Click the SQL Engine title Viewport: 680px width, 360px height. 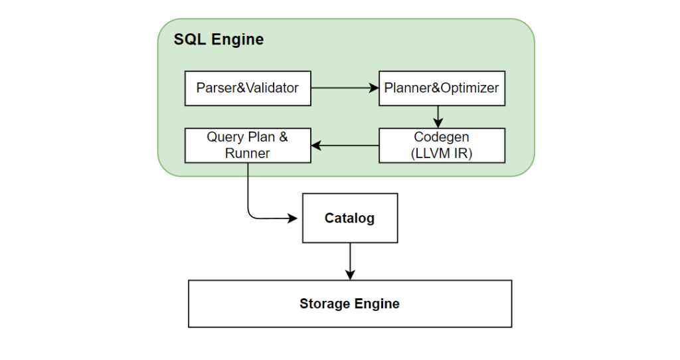click(218, 39)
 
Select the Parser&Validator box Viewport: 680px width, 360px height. click(248, 88)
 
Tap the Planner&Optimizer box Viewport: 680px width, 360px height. click(442, 88)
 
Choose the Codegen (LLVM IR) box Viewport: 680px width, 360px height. click(442, 145)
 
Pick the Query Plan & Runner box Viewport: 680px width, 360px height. click(248, 145)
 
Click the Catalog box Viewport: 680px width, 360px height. click(350, 218)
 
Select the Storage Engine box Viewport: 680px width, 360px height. click(350, 304)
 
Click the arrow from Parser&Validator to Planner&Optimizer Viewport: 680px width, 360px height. click(345, 88)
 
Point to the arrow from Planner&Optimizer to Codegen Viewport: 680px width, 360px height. click(438, 117)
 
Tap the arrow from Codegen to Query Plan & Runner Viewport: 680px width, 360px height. click(345, 145)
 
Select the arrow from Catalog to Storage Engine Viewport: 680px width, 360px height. click(350, 262)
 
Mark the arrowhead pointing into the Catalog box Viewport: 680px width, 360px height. click(293, 218)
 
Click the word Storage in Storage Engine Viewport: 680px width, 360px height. click(322, 304)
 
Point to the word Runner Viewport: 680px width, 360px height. click(247, 153)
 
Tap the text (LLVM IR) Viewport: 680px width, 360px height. click(442, 153)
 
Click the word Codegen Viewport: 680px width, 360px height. click(442, 137)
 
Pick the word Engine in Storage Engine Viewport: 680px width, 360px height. click(375, 304)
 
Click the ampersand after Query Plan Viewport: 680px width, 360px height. click(283, 137)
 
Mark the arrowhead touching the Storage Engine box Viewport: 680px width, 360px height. click(350, 275)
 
